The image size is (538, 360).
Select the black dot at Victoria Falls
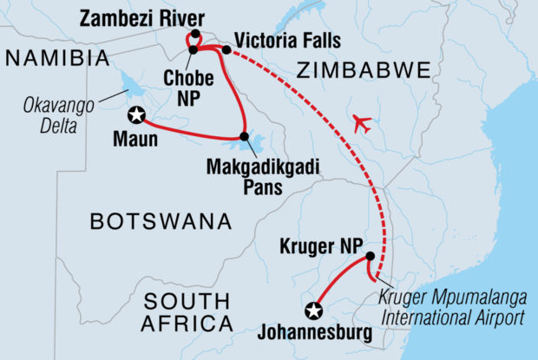pos(226,49)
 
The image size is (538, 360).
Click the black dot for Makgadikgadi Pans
pos(245,136)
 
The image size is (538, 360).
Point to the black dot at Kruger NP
pos(371,256)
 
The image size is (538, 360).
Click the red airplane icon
pos(364,124)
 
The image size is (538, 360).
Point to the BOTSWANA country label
pos(161,222)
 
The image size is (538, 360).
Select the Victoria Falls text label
pos(286,41)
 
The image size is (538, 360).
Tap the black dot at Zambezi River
pos(196,35)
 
